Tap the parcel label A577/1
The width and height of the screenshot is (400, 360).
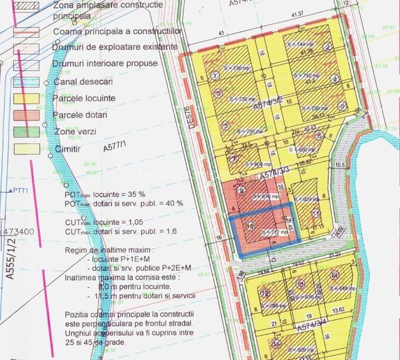click(x=115, y=148)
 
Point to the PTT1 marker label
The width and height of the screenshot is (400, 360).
click(x=23, y=191)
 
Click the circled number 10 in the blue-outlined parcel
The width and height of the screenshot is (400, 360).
click(x=250, y=226)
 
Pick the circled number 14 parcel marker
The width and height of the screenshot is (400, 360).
click(x=334, y=275)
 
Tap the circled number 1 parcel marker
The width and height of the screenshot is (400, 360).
click(x=215, y=75)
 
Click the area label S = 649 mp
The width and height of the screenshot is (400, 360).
click(x=342, y=288)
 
